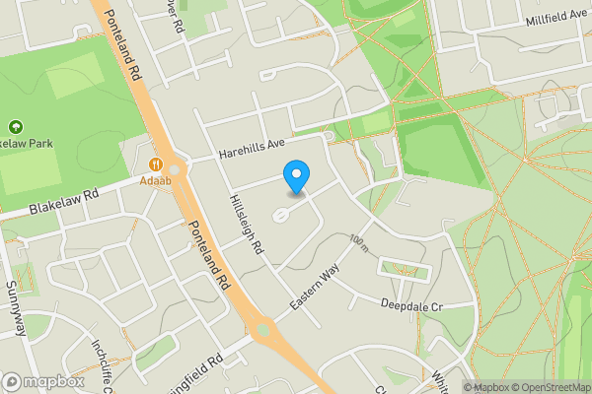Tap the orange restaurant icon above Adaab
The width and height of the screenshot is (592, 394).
[156, 164]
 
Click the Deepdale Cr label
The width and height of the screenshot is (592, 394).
[412, 306]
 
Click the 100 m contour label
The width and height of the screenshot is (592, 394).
[357, 241]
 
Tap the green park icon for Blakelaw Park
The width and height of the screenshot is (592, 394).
[15, 127]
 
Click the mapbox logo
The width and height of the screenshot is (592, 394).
[42, 381]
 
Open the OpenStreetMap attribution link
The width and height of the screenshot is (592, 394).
[548, 387]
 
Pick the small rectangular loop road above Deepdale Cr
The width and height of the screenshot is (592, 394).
[404, 267]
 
